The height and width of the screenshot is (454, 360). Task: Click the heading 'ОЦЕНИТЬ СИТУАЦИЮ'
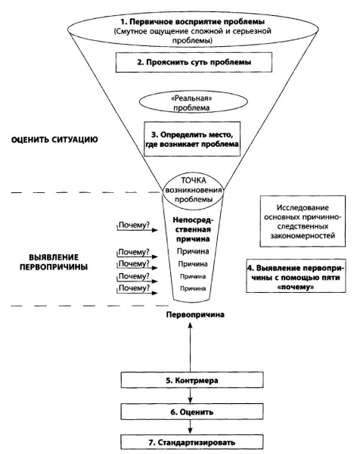point(54,139)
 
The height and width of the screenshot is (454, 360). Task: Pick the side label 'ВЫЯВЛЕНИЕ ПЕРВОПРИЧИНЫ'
point(54,262)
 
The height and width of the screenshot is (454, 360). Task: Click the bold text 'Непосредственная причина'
point(194,229)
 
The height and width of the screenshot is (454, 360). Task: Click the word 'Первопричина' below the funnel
point(195,315)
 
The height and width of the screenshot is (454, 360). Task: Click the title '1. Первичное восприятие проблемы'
point(193,22)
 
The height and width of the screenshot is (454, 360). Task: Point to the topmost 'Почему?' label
point(134,225)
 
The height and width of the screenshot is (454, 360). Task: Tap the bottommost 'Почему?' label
point(135,288)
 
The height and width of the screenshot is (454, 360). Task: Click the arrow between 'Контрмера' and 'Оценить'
point(190,396)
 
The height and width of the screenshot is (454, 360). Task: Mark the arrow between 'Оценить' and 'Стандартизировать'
point(190,427)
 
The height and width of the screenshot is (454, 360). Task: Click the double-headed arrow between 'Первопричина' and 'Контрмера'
point(190,347)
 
